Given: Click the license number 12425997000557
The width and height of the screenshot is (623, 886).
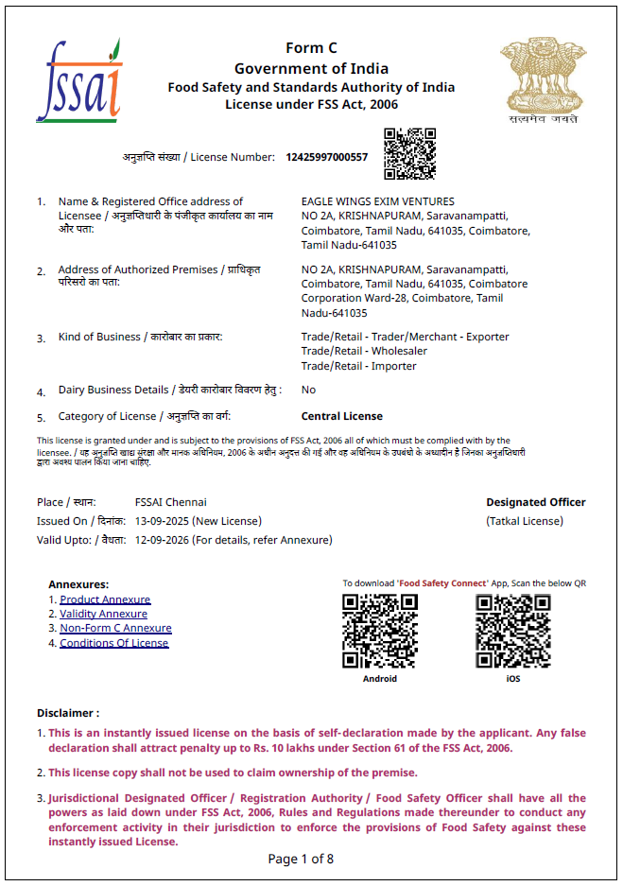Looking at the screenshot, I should tap(327, 157).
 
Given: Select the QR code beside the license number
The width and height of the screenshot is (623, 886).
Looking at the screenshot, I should tap(409, 153).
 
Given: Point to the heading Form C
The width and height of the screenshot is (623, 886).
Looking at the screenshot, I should tap(311, 48).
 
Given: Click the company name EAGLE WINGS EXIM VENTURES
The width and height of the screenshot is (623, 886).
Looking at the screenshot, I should tap(377, 201).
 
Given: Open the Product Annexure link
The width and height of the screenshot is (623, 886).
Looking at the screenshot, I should tap(105, 599).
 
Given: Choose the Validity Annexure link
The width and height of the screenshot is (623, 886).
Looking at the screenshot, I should tap(103, 614).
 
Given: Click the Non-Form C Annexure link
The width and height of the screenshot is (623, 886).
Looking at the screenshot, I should tap(115, 628).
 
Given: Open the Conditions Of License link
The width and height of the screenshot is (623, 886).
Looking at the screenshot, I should tap(113, 643).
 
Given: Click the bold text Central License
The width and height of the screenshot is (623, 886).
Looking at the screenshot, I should tap(341, 416).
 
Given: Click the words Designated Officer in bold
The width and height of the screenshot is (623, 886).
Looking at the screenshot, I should tap(535, 502).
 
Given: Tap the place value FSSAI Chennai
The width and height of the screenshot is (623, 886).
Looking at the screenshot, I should tap(170, 502).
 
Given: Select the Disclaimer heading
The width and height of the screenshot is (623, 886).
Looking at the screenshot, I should tap(68, 713).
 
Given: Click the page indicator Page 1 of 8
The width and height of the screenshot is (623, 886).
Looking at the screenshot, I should tap(301, 859).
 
